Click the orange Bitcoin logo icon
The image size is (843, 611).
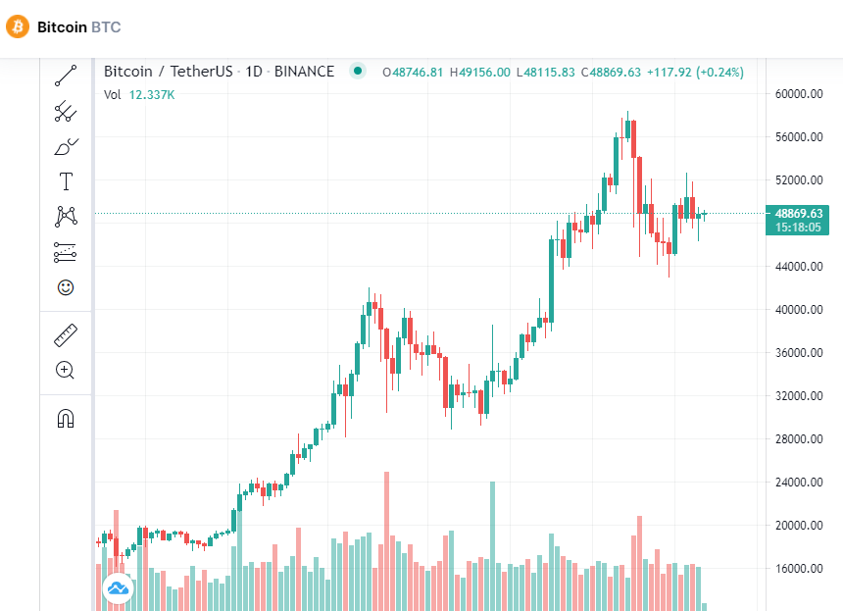(18, 26)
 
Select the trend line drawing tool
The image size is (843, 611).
(66, 75)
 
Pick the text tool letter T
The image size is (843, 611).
(66, 180)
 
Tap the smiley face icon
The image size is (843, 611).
(66, 287)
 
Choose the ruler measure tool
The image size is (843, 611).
(66, 335)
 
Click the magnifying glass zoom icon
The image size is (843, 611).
(66, 370)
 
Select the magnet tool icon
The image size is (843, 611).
(66, 419)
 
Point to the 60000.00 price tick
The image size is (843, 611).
(798, 94)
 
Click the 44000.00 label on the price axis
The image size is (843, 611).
(798, 267)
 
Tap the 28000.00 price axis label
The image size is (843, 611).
(798, 439)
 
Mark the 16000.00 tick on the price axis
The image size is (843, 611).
(798, 569)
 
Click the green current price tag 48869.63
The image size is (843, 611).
(798, 213)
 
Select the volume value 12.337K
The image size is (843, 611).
(152, 94)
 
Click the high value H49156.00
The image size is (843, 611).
(480, 72)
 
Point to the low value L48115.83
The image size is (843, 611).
(547, 72)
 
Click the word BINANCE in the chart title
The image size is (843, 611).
(304, 72)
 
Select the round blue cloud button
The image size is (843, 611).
(118, 588)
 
